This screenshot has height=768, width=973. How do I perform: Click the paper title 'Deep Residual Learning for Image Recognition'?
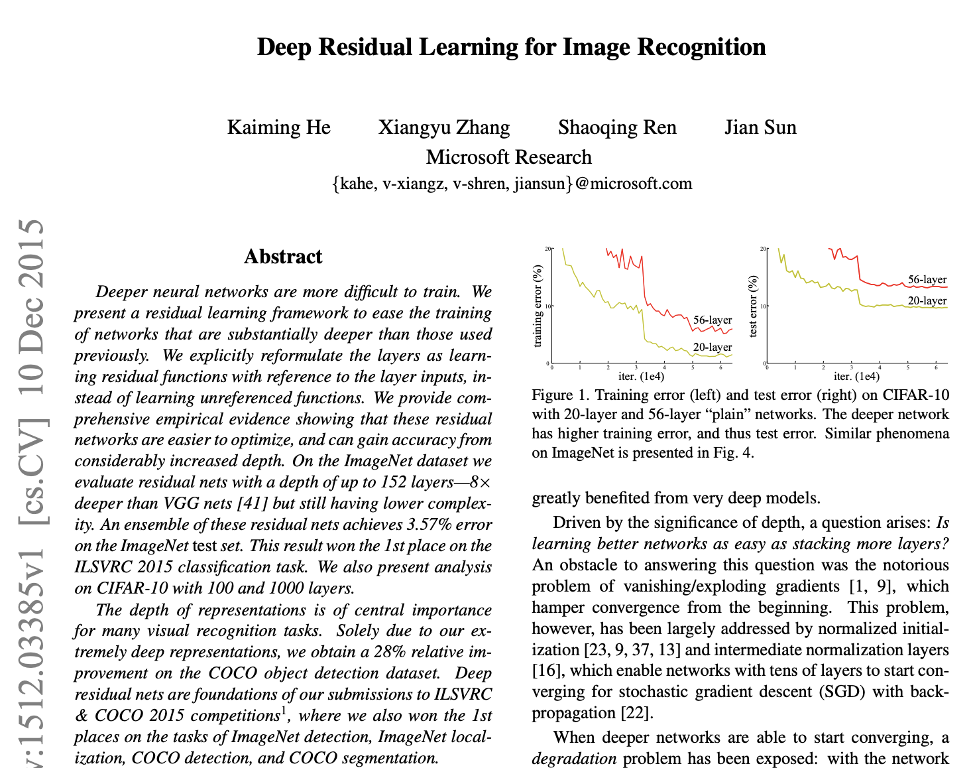click(x=511, y=48)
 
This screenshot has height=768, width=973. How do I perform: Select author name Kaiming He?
click(x=278, y=127)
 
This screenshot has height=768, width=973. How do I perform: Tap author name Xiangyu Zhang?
click(x=444, y=127)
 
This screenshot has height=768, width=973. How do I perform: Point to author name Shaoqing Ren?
click(x=617, y=127)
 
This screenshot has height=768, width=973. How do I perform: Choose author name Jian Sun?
click(x=760, y=127)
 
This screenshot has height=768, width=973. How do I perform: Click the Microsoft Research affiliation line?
click(x=508, y=157)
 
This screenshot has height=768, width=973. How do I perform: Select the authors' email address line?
click(x=512, y=184)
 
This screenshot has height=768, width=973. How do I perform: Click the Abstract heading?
click(x=283, y=257)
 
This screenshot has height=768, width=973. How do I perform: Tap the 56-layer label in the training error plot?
click(x=713, y=320)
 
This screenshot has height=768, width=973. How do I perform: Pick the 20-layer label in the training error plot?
click(x=713, y=347)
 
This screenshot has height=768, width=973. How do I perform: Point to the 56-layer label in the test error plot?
click(x=927, y=280)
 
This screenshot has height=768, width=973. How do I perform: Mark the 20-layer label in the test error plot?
click(x=927, y=301)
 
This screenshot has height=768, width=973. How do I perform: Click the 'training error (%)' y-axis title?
click(x=538, y=306)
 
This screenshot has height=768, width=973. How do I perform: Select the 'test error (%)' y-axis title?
click(x=753, y=306)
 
